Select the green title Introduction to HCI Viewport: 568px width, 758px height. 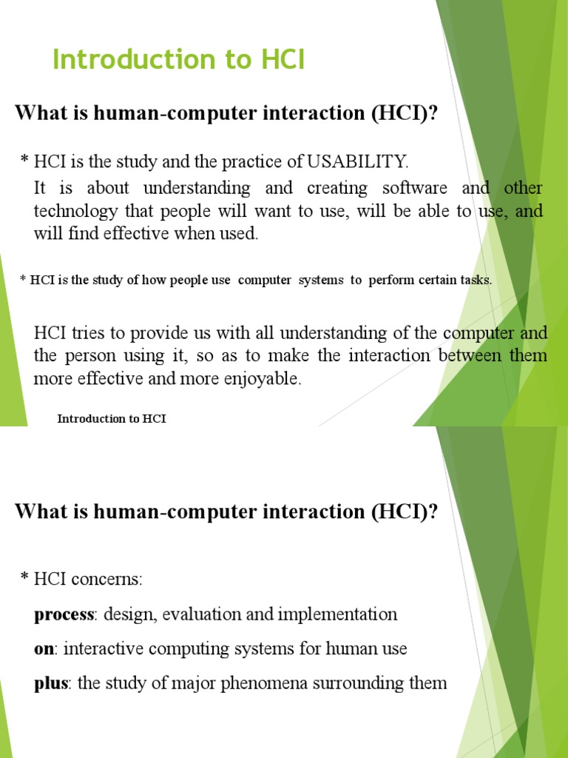[178, 61]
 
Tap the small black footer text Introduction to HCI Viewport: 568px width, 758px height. [112, 419]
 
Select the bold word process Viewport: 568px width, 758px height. [64, 614]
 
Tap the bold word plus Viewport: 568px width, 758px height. [51, 684]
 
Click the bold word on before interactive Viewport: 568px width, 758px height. [44, 649]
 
